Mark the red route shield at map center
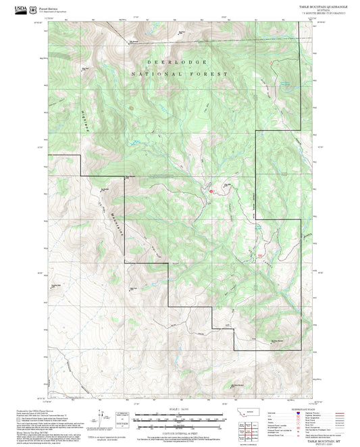[x=211, y=191]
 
